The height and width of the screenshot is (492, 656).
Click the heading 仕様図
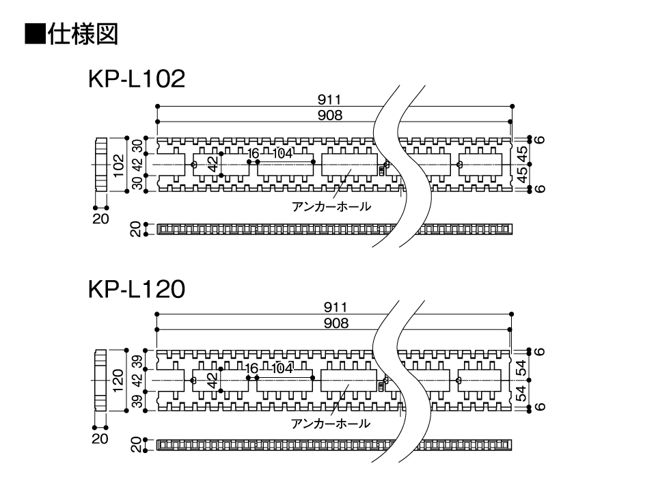(83, 34)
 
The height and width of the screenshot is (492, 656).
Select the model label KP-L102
(137, 79)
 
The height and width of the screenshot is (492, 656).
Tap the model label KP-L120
(137, 289)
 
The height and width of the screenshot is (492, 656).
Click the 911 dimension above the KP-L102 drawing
(329, 100)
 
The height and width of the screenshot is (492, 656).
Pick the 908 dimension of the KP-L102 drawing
(329, 115)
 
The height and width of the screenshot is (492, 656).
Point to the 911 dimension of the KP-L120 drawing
(336, 307)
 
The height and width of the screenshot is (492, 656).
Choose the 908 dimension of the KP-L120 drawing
(336, 323)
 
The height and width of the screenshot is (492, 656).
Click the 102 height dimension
(118, 165)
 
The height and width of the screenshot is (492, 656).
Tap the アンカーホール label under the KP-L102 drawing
(331, 206)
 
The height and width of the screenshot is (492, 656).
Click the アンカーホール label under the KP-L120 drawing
(331, 424)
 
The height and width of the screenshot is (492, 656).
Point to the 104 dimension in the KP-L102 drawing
(282, 154)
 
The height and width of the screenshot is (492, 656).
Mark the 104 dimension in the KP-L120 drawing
(282, 368)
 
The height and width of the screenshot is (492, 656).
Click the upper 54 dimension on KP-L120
(521, 368)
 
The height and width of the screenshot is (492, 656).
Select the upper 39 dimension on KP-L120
(137, 361)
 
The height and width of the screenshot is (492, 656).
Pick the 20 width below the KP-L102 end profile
(100, 219)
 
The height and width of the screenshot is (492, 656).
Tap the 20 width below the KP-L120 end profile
(100, 439)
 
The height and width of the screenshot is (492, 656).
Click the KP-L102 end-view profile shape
(101, 165)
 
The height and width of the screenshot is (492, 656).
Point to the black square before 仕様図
(35, 34)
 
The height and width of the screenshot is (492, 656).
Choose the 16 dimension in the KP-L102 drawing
(253, 154)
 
